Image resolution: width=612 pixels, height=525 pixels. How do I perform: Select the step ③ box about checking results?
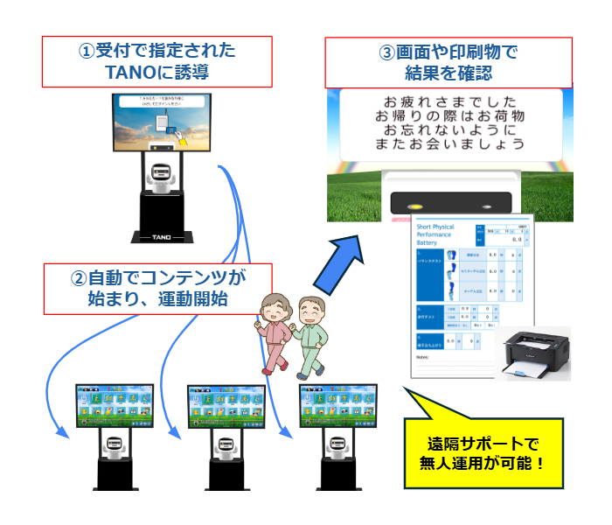[x=448, y=61]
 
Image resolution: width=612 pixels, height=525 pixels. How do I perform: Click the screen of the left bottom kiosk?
[x=114, y=406]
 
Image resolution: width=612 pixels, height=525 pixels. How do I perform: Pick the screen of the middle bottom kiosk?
[x=226, y=406]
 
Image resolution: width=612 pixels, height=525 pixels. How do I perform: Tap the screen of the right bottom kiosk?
[x=338, y=406]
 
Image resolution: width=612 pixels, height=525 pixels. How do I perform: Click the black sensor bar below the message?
[x=449, y=200]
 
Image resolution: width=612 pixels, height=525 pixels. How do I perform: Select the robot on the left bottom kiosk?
[x=114, y=446]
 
